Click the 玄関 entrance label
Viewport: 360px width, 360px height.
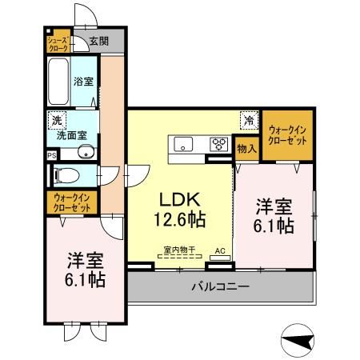(x=98, y=41)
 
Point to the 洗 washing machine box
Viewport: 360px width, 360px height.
(x=56, y=120)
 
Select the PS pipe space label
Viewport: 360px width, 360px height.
(x=52, y=155)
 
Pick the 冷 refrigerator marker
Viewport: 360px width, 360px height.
(x=249, y=121)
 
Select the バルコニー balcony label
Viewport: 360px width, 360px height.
(x=220, y=286)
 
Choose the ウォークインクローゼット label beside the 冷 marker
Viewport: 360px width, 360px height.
(x=287, y=134)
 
